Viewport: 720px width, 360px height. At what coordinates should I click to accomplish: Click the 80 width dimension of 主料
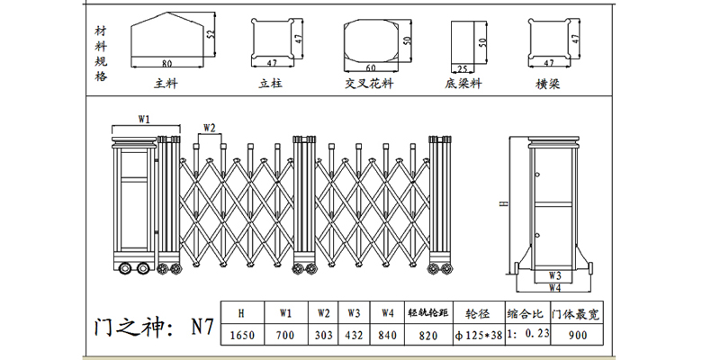[167, 64]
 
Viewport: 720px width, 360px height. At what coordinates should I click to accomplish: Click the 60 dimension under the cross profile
[370, 67]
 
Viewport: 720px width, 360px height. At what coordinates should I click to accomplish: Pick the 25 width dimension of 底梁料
[462, 67]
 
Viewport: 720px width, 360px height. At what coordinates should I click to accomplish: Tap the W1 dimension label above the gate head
[143, 119]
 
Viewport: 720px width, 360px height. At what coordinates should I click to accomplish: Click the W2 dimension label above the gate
[210, 127]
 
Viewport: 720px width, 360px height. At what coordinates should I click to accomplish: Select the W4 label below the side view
[554, 288]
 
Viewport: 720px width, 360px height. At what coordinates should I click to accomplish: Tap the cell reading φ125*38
[477, 334]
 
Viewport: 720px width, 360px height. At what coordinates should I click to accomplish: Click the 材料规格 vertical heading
[100, 52]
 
